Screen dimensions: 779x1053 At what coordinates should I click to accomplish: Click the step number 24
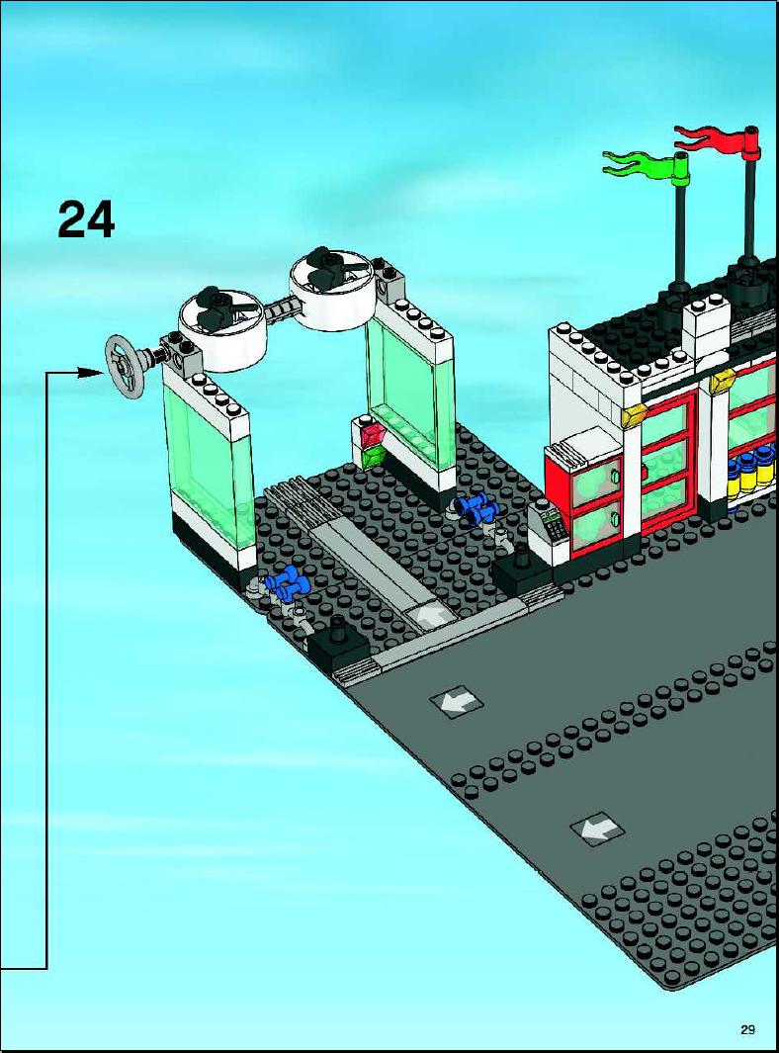(x=86, y=219)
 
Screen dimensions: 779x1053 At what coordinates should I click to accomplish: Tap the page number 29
(x=748, y=1029)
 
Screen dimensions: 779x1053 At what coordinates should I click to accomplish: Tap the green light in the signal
(x=372, y=458)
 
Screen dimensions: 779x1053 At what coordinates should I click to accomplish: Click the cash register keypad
(x=556, y=526)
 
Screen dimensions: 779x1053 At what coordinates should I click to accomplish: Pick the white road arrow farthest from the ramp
(x=596, y=829)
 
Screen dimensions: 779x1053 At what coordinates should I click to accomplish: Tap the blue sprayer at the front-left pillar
(x=284, y=581)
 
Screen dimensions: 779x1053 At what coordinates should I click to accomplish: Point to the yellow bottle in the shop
(x=747, y=474)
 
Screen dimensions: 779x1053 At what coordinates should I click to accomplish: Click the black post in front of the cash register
(x=522, y=557)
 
